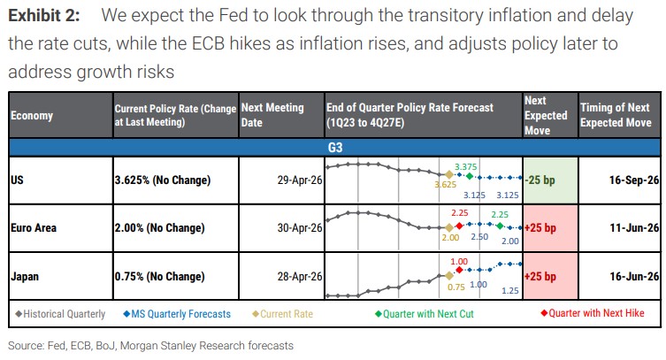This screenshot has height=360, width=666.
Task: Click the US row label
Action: click(x=17, y=180)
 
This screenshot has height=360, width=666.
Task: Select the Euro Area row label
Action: click(x=34, y=228)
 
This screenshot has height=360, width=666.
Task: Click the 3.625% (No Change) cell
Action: click(x=163, y=180)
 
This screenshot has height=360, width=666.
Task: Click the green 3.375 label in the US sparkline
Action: click(x=466, y=166)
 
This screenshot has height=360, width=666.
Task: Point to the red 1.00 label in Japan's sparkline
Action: click(x=459, y=263)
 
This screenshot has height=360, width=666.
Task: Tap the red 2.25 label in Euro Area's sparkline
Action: click(x=459, y=213)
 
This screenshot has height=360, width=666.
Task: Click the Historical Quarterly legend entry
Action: click(x=60, y=313)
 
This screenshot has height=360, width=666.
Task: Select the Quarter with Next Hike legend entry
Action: click(x=592, y=313)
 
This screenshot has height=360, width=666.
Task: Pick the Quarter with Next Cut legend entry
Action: click(x=434, y=313)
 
